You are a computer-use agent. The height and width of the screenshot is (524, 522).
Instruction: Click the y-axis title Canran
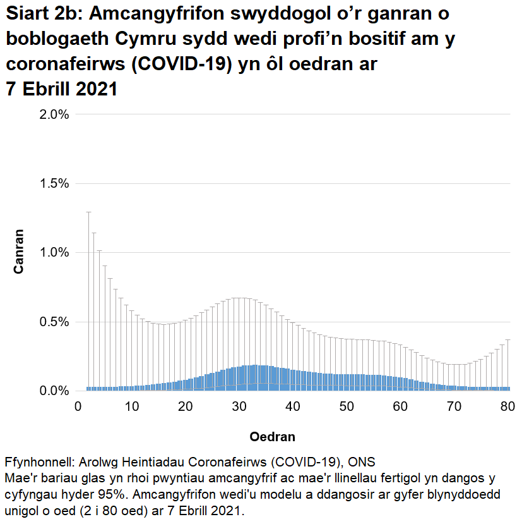coord(20,252)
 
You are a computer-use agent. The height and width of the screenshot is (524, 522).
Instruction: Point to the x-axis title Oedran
coord(272,437)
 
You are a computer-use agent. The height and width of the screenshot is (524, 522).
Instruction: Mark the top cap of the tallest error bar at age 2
coord(88,212)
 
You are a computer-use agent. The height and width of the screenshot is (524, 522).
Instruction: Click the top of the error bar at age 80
coord(507,339)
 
